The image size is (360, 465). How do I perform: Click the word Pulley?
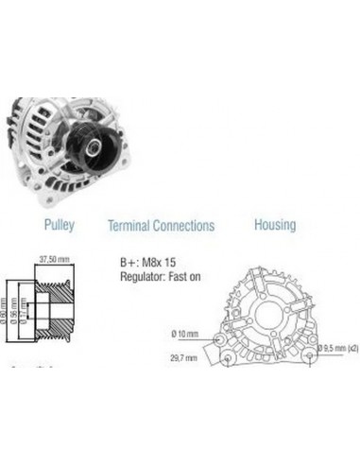(x=59, y=226)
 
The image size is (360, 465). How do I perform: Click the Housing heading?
(x=274, y=225)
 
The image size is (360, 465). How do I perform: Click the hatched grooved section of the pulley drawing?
(x=54, y=307)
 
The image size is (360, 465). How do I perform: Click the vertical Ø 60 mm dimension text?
(x=9, y=308)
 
